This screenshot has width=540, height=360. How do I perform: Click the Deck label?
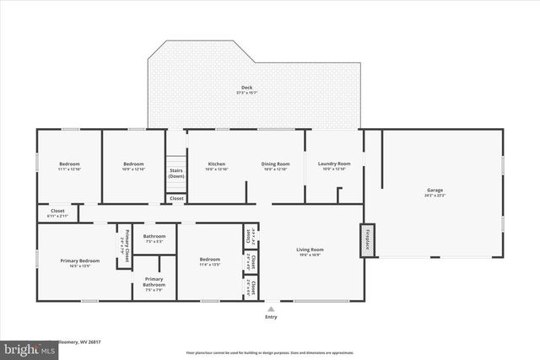[x=246, y=88]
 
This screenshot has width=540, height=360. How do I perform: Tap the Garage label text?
[x=435, y=191]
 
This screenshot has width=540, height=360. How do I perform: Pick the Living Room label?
[x=310, y=250]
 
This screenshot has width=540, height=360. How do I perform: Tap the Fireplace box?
[x=367, y=240]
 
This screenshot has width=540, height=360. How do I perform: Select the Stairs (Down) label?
[x=176, y=174]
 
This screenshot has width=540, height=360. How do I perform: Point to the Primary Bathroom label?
[x=154, y=282]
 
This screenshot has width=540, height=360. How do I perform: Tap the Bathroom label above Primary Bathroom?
[x=154, y=236]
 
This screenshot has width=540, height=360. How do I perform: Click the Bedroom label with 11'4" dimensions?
[x=210, y=259]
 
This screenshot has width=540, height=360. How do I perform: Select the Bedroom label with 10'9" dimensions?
[x=133, y=164]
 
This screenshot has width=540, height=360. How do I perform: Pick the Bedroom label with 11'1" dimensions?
[x=69, y=164]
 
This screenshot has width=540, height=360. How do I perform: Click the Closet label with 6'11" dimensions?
[x=57, y=211]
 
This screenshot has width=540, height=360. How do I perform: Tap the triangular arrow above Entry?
[x=271, y=309]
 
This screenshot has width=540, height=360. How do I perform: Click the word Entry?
[x=271, y=317]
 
